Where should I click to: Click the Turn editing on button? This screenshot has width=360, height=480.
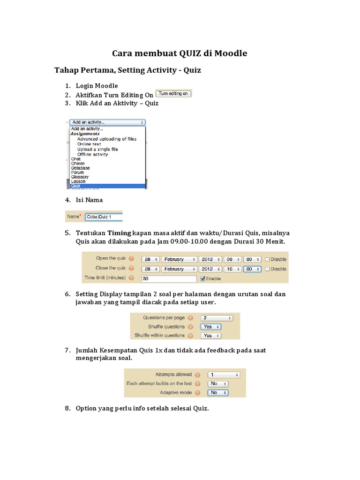[173, 93]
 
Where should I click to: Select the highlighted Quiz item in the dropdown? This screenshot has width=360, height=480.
[108, 186]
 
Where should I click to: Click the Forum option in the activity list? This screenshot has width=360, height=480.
[78, 172]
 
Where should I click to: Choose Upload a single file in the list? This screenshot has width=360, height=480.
[97, 150]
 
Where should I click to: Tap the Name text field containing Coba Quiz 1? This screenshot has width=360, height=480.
[103, 217]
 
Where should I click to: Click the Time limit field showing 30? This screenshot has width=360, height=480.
[169, 278]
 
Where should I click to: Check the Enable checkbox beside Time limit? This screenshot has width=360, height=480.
[202, 278]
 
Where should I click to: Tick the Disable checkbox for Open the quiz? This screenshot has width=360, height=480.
[267, 259]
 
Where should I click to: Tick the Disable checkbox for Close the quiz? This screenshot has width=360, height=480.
[267, 269]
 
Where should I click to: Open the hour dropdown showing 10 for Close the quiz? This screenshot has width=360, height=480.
[232, 269]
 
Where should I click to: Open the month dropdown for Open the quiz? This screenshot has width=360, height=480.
[179, 259]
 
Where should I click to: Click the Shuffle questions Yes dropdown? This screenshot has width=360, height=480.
[210, 327]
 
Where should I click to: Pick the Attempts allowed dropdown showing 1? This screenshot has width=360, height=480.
[224, 375]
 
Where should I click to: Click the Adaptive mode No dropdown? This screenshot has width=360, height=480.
[218, 393]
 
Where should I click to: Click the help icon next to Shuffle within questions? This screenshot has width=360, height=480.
[190, 336]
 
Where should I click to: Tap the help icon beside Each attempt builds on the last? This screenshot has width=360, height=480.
[198, 383]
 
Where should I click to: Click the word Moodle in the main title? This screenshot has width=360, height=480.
[231, 53]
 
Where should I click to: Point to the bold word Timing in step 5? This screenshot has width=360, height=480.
[119, 233]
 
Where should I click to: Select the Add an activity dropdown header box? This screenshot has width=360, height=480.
[108, 122]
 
